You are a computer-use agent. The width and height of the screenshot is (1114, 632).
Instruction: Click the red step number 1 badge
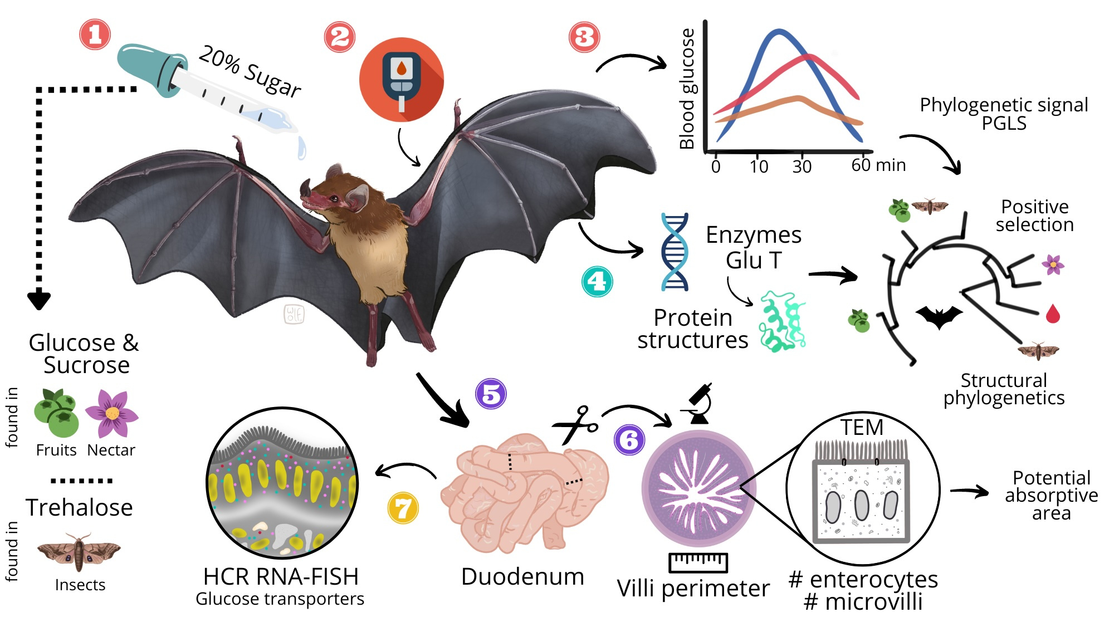pos(95,35)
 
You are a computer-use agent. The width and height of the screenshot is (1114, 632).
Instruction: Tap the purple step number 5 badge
pos(491,394)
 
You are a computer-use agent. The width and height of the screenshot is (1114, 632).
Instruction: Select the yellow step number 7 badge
pos(403,508)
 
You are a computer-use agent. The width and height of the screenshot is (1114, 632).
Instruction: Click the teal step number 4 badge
pos(597,281)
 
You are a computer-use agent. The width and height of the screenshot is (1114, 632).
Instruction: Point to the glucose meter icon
pos(401,79)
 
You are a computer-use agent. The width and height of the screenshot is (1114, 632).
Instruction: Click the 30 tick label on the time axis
pos(802,166)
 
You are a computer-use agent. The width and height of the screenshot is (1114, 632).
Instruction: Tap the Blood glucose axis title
pos(687,89)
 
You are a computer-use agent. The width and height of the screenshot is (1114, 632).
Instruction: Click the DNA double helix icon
pos(675,252)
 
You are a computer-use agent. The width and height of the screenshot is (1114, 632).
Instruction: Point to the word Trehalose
pos(79,507)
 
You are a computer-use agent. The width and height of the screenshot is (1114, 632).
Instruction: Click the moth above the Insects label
pos(79,552)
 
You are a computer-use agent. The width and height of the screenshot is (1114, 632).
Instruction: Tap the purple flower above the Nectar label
pos(112,413)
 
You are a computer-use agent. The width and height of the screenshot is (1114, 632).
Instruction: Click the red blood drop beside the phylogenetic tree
pos(1053,314)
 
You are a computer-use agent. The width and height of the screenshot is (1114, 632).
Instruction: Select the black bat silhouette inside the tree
pos(939,317)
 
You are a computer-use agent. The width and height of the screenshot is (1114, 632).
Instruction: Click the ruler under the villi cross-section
pos(698,562)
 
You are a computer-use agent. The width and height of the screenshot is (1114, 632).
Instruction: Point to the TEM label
pos(862,428)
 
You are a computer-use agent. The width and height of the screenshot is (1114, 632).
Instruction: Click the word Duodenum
pos(522,576)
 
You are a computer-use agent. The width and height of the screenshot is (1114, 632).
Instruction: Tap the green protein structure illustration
pos(782,322)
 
